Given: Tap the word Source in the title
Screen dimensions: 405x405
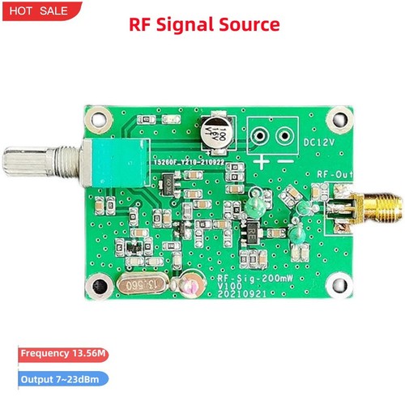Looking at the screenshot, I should coord(254,25).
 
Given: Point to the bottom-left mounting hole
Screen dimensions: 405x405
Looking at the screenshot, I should coord(100,286).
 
